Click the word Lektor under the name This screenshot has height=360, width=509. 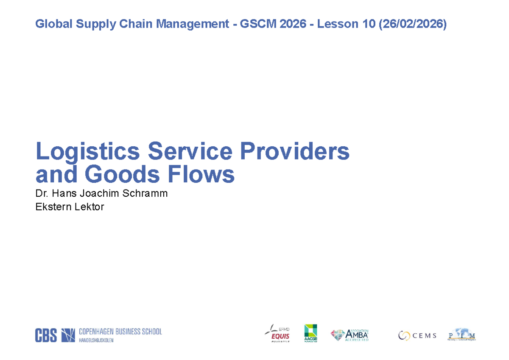(88, 207)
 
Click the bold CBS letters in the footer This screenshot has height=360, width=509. (46, 335)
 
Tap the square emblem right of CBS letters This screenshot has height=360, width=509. (68, 335)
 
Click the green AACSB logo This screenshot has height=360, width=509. (310, 333)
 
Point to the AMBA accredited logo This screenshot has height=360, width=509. (350, 335)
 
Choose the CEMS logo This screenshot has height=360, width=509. (417, 335)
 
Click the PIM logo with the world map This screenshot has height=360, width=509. (461, 335)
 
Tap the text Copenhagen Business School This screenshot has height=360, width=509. (120, 332)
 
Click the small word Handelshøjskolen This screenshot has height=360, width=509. (96, 340)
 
